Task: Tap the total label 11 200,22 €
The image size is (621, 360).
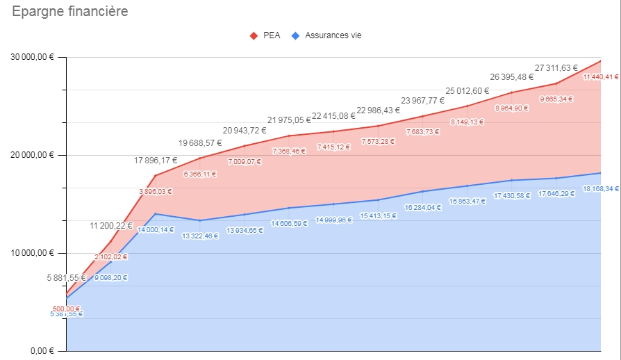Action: (111, 226)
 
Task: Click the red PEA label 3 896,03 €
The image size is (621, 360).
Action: (156, 192)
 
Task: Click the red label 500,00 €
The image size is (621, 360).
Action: (67, 309)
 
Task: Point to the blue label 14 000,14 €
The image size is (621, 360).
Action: (156, 229)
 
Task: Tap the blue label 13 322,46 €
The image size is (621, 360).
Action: (200, 236)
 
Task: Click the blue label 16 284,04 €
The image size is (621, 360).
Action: (422, 207)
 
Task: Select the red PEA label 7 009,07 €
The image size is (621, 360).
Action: (245, 162)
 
